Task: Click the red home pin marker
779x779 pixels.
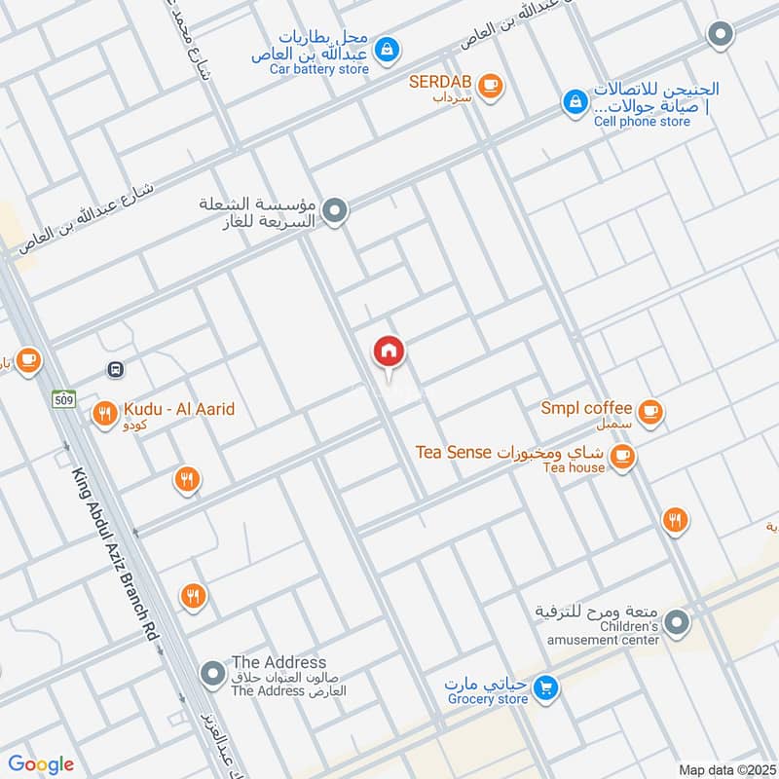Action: pyautogui.click(x=389, y=352)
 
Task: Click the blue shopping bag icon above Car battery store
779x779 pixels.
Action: pyautogui.click(x=386, y=47)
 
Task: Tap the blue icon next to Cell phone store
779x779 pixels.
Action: pyautogui.click(x=574, y=100)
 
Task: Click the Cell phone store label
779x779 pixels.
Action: pyautogui.click(x=642, y=122)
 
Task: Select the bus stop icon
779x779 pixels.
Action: pyautogui.click(x=116, y=369)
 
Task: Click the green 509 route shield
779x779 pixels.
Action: pyautogui.click(x=64, y=397)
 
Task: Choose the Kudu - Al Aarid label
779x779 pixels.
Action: pyautogui.click(x=179, y=409)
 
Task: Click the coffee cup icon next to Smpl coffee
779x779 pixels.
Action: pyautogui.click(x=651, y=411)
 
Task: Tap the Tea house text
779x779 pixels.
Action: pyautogui.click(x=575, y=468)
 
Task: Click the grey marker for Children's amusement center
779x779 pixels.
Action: pyautogui.click(x=678, y=620)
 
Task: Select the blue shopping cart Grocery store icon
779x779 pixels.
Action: pyautogui.click(x=546, y=687)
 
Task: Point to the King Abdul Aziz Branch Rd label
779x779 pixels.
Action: pyautogui.click(x=115, y=554)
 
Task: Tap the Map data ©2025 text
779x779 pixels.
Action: pyautogui.click(x=725, y=770)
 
